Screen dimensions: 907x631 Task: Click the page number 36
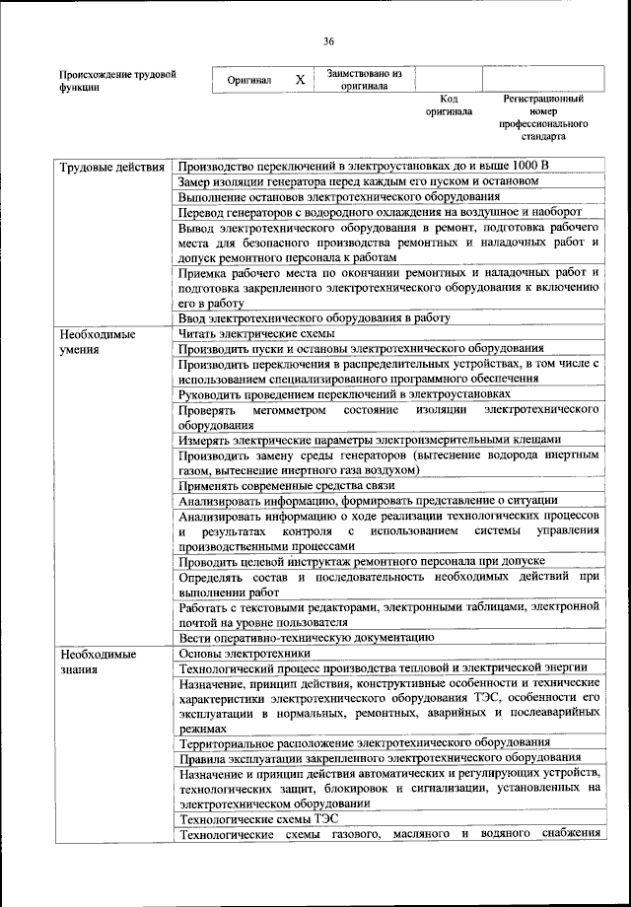[329, 40]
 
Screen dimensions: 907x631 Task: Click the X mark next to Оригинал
[300, 80]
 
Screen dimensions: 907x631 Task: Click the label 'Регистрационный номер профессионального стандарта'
[543, 117]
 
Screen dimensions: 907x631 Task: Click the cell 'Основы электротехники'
[244, 653]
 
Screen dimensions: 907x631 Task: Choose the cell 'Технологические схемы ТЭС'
[256, 819]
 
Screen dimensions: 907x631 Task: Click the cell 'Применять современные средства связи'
[290, 485]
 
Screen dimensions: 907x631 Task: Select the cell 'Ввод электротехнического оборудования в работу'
[314, 317]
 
